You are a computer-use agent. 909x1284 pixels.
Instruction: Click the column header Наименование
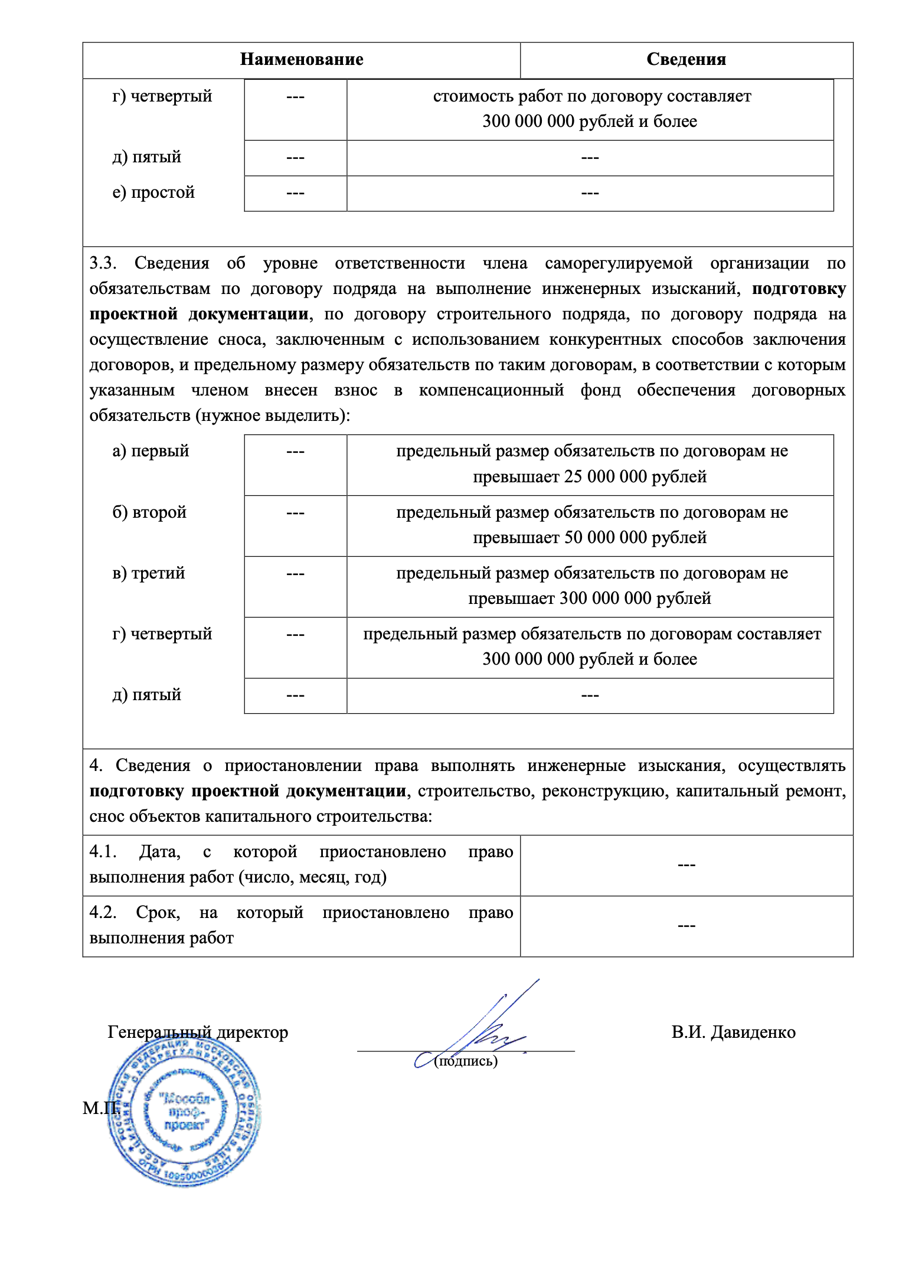click(302, 60)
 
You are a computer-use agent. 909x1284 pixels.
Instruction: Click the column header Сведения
click(686, 60)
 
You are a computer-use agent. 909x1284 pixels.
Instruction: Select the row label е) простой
click(153, 193)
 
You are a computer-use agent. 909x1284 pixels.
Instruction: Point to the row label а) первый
click(151, 451)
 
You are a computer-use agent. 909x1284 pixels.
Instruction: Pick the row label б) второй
click(149, 512)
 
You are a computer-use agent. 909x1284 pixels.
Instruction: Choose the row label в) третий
click(149, 573)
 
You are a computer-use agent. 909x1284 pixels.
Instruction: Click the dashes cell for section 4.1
click(686, 865)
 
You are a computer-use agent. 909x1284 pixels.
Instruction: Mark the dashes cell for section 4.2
click(686, 926)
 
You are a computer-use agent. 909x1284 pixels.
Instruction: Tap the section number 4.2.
click(103, 913)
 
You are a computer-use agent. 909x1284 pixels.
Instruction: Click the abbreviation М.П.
click(100, 1108)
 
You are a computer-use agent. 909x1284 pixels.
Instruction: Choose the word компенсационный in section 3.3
click(491, 390)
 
